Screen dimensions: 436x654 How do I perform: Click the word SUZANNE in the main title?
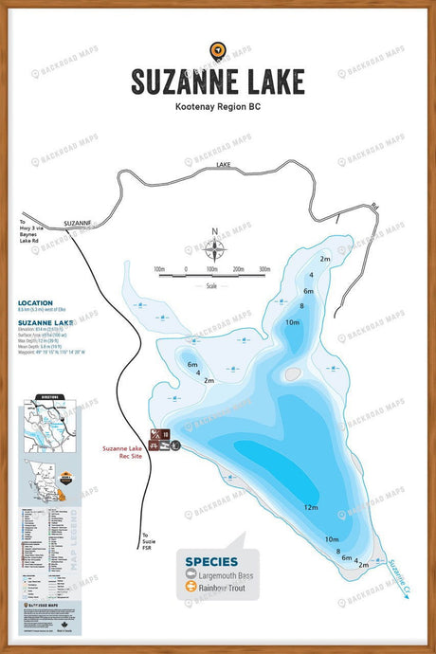coord(178,80)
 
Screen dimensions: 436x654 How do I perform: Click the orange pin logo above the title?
coord(218,50)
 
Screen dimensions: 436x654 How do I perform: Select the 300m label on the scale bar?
coord(263,269)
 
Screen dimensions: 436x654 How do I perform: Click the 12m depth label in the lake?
coord(311,507)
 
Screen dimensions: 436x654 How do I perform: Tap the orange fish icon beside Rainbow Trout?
coord(190,588)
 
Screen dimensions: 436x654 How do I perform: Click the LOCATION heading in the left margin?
coord(34,303)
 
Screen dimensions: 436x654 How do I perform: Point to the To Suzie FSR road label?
coord(145,538)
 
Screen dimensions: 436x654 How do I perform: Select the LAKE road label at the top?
coord(224,165)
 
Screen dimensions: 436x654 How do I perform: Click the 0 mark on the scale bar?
coord(186,269)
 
